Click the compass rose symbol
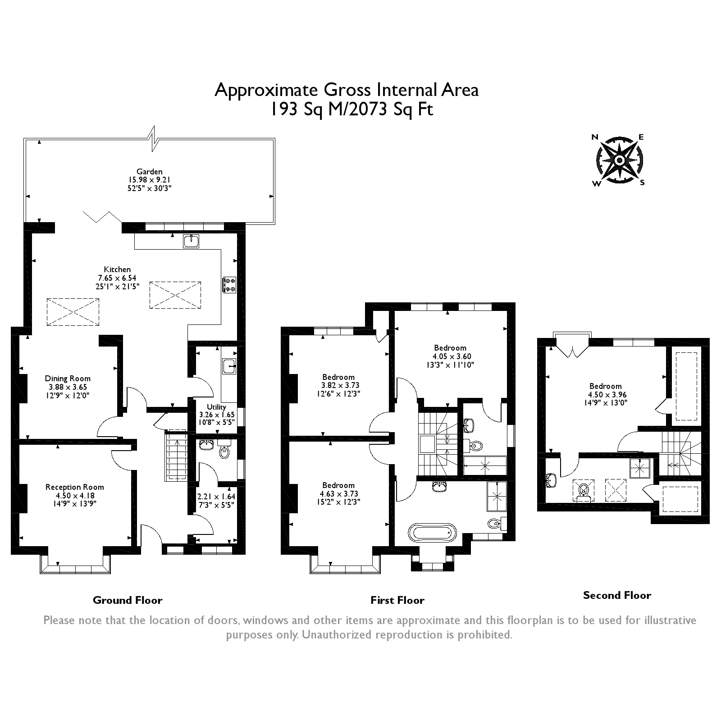coord(619,160)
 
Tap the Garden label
coord(150,171)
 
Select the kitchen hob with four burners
coord(229,284)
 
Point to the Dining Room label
coord(68,379)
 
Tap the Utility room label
coord(216,407)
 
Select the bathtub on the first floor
coord(433,533)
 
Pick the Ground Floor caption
coord(128,600)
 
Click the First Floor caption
coord(397,600)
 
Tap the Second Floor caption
coord(617,595)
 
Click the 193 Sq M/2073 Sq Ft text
coord(351,110)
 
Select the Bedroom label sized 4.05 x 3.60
coord(450,347)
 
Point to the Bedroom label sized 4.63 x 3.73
coord(338,485)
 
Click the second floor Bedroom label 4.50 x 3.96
coord(605,386)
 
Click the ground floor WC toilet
coord(224,451)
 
